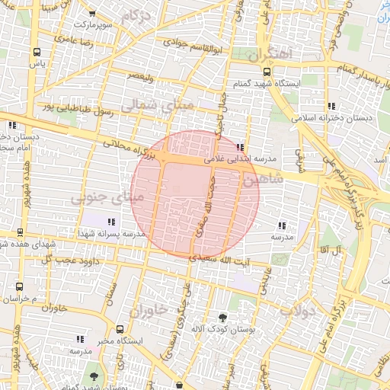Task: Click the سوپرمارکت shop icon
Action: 92,14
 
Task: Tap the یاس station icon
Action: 37,52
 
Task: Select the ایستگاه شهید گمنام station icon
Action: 267,72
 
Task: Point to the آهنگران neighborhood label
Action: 270,55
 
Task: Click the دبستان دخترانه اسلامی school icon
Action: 331,106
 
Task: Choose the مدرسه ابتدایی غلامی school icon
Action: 241,148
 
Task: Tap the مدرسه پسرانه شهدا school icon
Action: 112,222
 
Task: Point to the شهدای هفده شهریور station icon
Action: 20,232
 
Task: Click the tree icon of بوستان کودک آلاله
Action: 223,316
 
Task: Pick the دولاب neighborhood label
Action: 298,310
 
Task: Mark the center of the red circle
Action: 195,194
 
